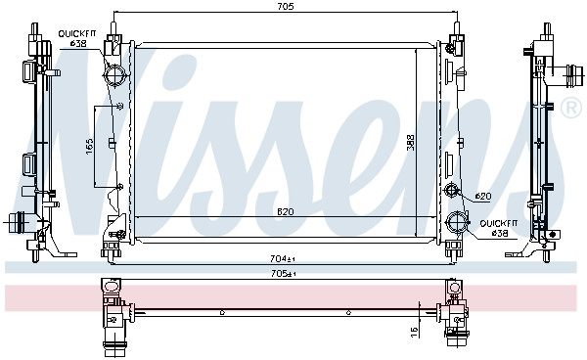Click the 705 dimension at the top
pos(286,6)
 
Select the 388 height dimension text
pos(411,142)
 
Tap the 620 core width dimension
pos(286,212)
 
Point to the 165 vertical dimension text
pos(89,147)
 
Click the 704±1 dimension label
pos(283,258)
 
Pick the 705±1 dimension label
pos(284,274)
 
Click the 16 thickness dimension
pos(414,332)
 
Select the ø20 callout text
pos(483,196)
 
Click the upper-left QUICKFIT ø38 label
pos(77,38)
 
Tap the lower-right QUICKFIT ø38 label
pos(499,228)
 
